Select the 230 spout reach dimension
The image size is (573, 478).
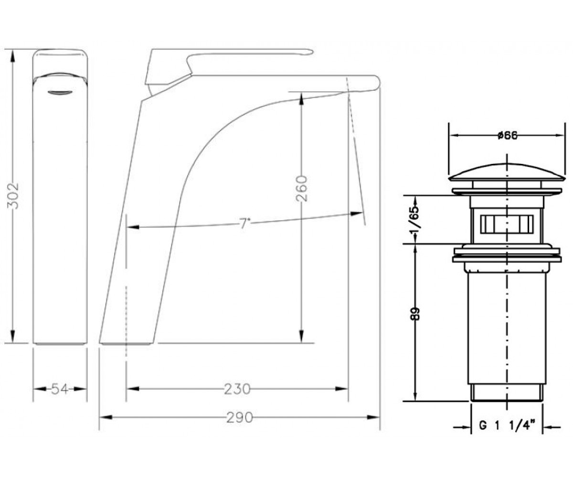237,389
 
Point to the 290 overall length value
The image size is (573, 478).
239,418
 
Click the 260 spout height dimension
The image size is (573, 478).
302,189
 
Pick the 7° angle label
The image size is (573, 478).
244,224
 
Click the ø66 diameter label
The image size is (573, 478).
507,135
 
